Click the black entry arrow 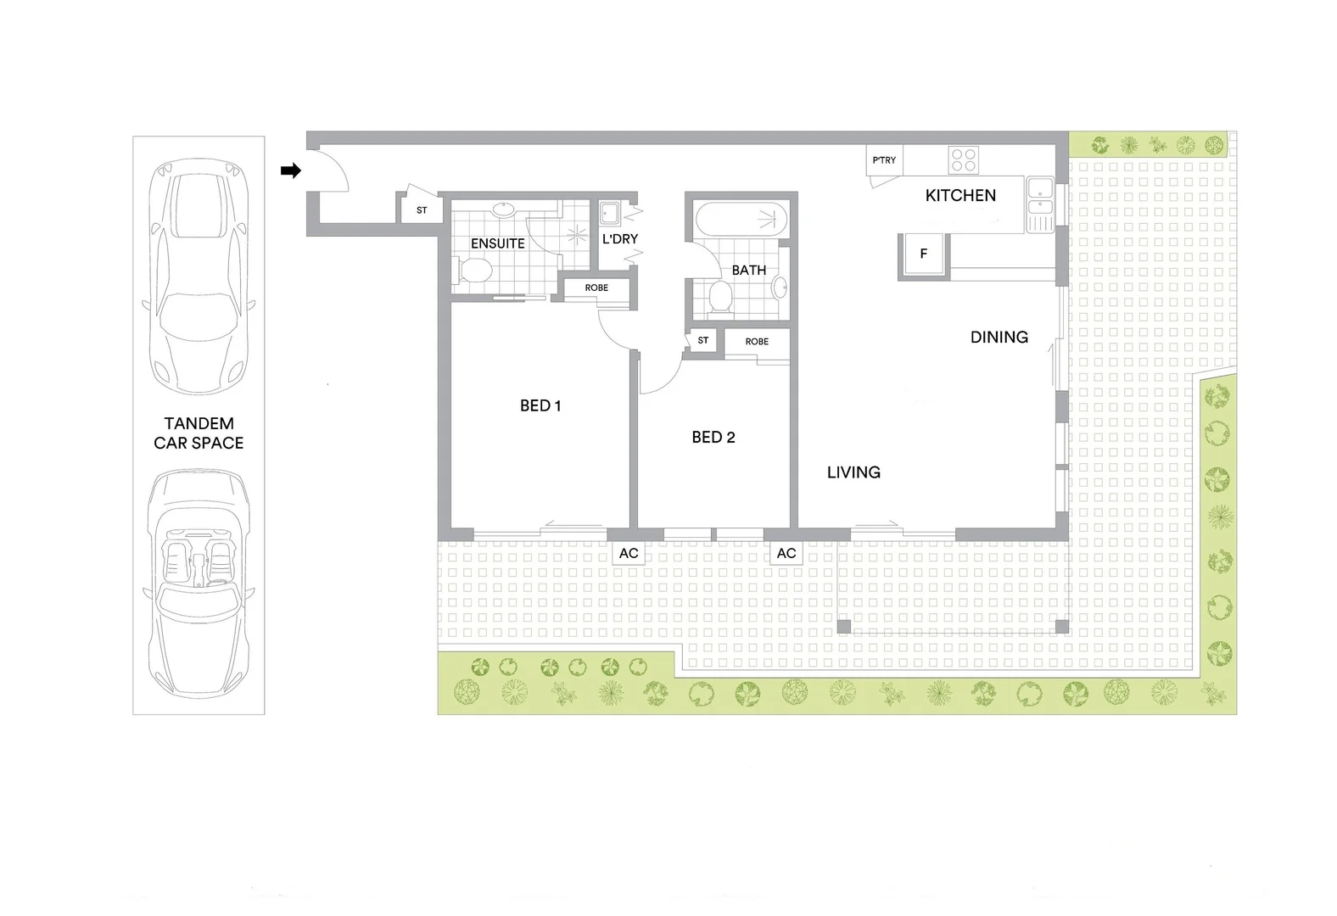(x=291, y=170)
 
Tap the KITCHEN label (x=960, y=195)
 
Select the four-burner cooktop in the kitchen (x=964, y=160)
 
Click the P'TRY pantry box (x=884, y=160)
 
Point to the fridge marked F (x=923, y=254)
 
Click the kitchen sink (x=1040, y=204)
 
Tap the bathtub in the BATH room (x=741, y=220)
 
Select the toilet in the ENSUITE (x=474, y=271)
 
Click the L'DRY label (x=620, y=239)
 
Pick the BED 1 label (x=540, y=405)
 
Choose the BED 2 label (x=713, y=438)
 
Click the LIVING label (x=853, y=472)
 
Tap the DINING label (x=999, y=338)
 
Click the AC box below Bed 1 (x=629, y=553)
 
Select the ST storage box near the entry (x=422, y=209)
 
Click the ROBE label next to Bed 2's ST (x=757, y=341)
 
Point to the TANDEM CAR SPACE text (x=199, y=433)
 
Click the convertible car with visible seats (x=199, y=584)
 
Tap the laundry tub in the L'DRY (x=609, y=213)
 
